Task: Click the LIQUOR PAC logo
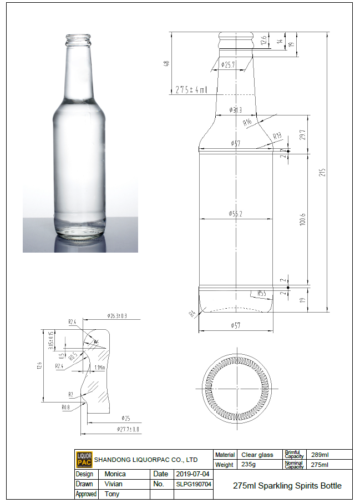click(x=84, y=459)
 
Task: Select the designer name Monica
click(x=115, y=474)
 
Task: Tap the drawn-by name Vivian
click(x=114, y=484)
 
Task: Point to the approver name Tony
click(x=111, y=494)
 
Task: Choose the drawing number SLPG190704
click(x=193, y=484)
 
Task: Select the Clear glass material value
click(x=257, y=455)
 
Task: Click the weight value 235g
click(x=248, y=465)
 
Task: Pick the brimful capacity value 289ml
click(x=320, y=455)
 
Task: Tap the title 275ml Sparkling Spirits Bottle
click(x=287, y=485)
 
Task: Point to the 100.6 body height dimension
click(x=302, y=219)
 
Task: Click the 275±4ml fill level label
click(x=191, y=89)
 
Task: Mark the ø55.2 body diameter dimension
click(x=236, y=214)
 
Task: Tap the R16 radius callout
click(x=247, y=122)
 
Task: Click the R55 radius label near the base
click(x=262, y=293)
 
